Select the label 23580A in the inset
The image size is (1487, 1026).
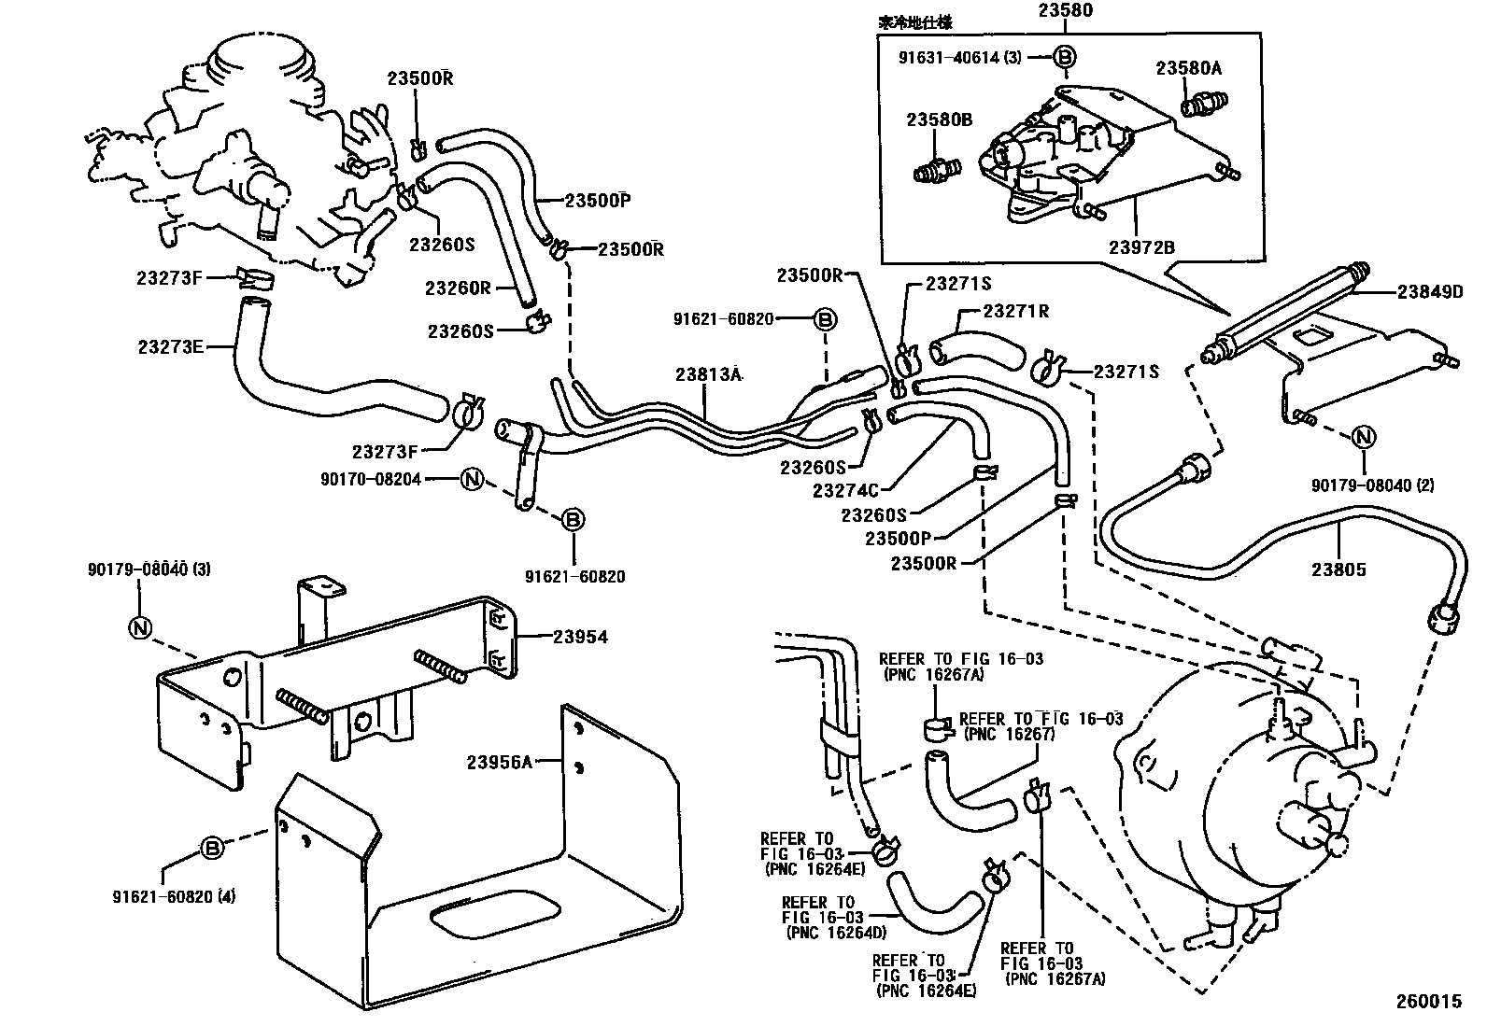(1188, 68)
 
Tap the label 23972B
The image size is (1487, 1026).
(1141, 247)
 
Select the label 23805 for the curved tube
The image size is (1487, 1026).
(1338, 569)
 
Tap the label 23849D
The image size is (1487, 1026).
(1429, 292)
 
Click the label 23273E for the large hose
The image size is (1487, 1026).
(170, 346)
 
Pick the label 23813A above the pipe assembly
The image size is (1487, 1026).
(708, 374)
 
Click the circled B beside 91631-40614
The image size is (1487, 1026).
(1064, 57)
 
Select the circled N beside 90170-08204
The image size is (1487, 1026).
(473, 479)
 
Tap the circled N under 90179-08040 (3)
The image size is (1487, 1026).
(139, 627)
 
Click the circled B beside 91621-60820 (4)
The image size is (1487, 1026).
(212, 849)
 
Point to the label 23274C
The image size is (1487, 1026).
(845, 489)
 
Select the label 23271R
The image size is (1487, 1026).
(1016, 311)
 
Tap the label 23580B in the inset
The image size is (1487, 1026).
(939, 119)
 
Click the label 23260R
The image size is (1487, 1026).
(458, 288)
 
